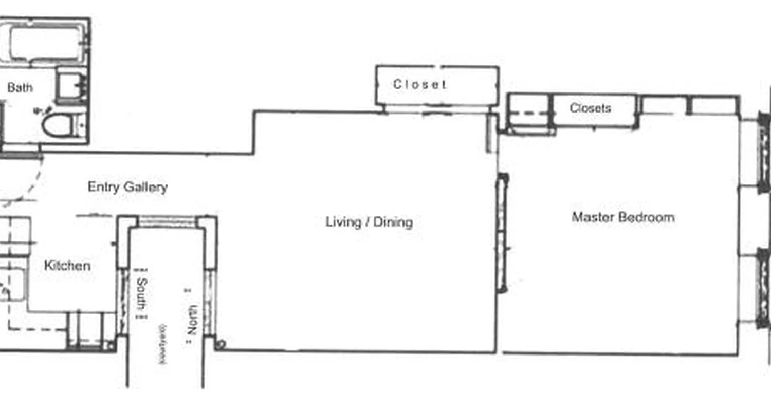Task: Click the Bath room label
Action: (x=20, y=88)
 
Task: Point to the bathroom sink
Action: (x=71, y=85)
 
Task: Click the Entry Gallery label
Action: (x=127, y=187)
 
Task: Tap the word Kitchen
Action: (x=67, y=266)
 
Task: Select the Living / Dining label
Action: (x=369, y=222)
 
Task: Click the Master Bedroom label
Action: (x=623, y=217)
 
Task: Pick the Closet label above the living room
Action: (x=420, y=84)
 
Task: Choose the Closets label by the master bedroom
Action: (x=590, y=108)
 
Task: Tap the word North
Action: (x=192, y=320)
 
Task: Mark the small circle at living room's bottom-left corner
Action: (x=220, y=344)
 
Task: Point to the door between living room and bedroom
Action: (x=502, y=234)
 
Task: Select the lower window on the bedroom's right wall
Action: (x=763, y=288)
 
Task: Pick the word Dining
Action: (x=393, y=222)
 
